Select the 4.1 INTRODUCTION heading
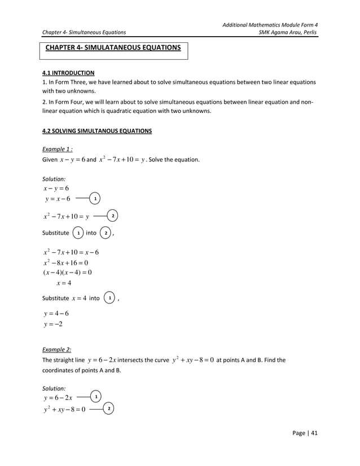pos(68,73)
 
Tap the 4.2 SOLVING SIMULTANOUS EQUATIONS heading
pos(97,131)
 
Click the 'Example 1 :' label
pos(58,150)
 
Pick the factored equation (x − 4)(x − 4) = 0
pos(67,272)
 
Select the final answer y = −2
pos(54,324)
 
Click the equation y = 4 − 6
pos(56,314)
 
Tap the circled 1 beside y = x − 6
pos(96,199)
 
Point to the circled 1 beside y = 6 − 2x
pos(96,398)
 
